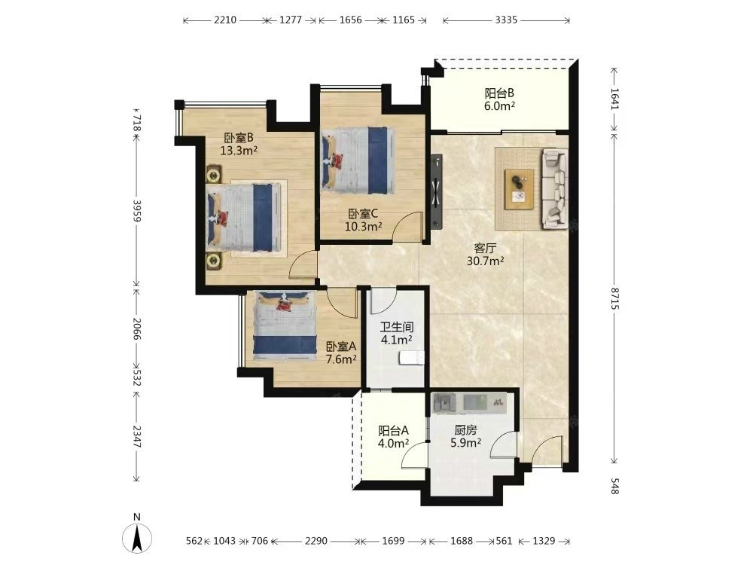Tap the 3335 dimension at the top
click(506, 20)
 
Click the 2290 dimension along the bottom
click(316, 541)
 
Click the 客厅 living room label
click(485, 249)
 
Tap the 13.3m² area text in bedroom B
click(239, 151)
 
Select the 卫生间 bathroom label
click(397, 327)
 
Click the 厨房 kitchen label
click(465, 430)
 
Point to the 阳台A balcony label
click(393, 430)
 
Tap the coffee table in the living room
click(519, 189)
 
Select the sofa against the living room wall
click(555, 188)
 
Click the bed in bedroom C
click(358, 160)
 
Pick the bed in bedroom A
click(285, 325)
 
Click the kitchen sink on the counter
click(444, 402)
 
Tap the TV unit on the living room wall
click(437, 191)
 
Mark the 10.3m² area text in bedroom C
click(363, 226)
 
